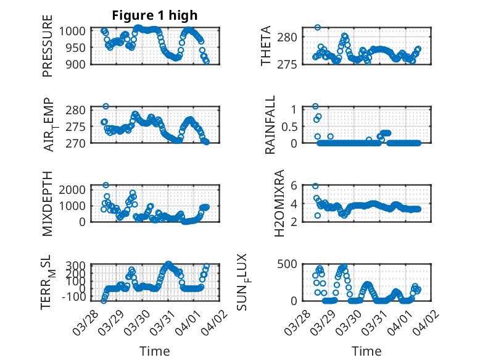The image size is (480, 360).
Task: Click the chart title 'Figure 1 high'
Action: click(x=154, y=15)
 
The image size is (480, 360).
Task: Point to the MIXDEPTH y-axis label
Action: click(x=48, y=204)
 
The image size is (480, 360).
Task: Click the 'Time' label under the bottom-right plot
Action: click(x=366, y=351)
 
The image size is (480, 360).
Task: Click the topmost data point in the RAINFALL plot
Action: click(x=315, y=106)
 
